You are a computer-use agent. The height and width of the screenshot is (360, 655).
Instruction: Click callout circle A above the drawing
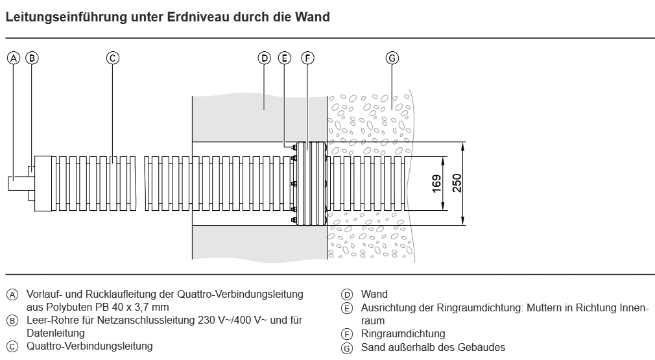(x=14, y=58)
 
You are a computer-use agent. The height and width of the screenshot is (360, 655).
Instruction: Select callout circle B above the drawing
(x=32, y=58)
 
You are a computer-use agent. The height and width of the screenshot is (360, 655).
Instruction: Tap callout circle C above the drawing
(x=112, y=58)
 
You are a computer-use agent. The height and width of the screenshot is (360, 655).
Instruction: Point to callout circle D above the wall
(x=264, y=58)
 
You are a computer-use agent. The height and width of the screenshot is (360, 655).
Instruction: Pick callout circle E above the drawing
(x=285, y=58)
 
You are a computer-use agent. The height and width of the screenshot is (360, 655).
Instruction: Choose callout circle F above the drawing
(x=307, y=58)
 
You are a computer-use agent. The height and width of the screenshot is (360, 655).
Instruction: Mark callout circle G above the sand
(x=392, y=58)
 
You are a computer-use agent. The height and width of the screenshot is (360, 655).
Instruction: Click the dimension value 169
(x=436, y=184)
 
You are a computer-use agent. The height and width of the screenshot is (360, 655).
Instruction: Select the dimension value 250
(x=457, y=183)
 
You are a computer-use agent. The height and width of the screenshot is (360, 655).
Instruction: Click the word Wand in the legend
(x=374, y=294)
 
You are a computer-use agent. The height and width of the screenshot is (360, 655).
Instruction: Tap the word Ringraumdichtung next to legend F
(x=403, y=333)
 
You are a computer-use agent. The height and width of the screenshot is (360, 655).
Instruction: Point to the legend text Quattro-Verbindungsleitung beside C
(x=89, y=346)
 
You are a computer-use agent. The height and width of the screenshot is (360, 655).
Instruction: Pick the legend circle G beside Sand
(x=347, y=348)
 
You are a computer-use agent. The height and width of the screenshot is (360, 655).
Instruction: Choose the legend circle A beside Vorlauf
(x=12, y=295)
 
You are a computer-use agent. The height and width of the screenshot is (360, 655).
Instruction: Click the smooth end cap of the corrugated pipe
(x=43, y=184)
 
